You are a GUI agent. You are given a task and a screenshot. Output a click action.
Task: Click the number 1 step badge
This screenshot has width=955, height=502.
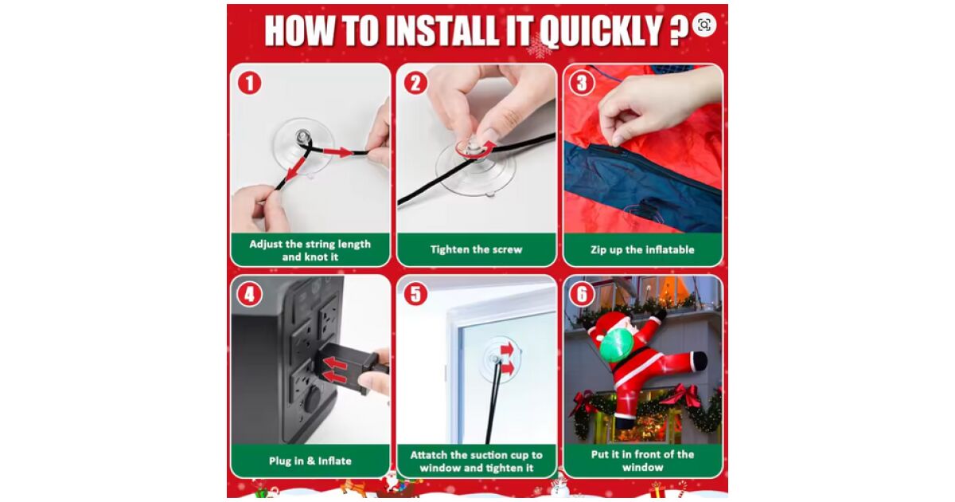[249, 83]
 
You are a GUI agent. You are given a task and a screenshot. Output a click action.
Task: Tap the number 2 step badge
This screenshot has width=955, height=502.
[415, 83]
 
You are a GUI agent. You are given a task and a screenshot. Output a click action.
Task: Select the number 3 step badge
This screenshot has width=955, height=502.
[582, 83]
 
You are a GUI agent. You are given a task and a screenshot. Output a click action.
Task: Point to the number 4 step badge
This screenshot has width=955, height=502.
[249, 294]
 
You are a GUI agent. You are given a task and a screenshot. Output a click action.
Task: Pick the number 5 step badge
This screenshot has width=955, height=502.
[415, 294]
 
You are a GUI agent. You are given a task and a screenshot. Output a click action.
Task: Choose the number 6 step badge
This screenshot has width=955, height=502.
[582, 294]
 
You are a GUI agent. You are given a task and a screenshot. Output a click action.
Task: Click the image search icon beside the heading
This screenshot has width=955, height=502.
[704, 25]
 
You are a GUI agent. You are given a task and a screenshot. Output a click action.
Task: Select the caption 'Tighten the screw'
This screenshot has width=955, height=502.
[476, 249]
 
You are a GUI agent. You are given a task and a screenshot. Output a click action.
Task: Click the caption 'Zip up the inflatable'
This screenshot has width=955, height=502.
[642, 249]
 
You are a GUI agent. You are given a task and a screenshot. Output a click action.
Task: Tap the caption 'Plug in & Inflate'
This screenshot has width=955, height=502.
[310, 461]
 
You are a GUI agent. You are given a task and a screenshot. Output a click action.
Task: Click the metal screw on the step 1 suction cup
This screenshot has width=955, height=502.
[302, 137]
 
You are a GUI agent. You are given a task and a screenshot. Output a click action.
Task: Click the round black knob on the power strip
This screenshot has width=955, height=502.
[313, 399]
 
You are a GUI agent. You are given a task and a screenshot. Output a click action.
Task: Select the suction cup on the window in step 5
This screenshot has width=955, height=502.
[500, 359]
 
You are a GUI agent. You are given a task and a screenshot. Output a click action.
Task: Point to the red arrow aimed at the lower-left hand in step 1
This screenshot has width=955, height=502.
[296, 169]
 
